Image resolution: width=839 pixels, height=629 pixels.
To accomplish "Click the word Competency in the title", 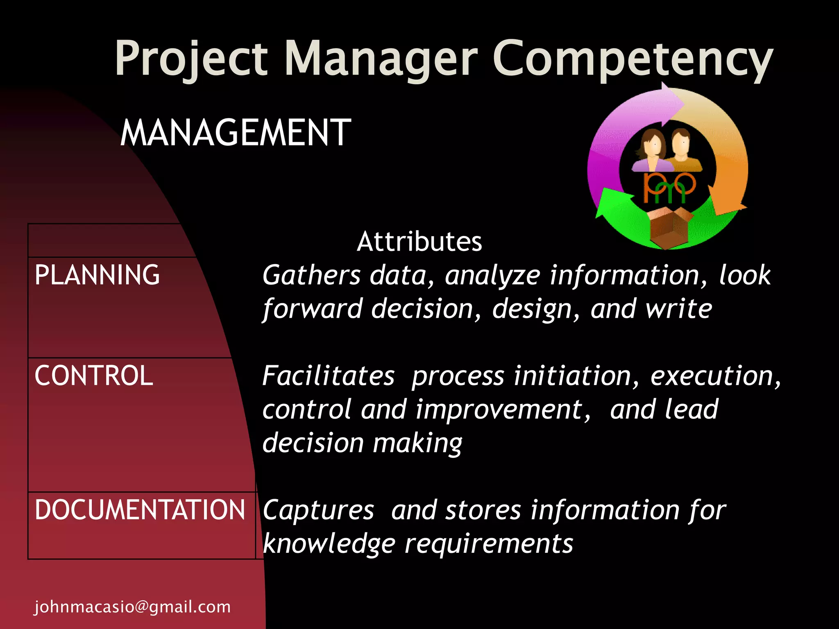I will point(633,59).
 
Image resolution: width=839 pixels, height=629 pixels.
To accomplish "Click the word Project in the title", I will point(191,59).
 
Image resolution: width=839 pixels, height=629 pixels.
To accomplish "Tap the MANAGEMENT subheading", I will point(236,133).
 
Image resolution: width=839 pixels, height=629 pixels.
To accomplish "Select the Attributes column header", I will point(419,242).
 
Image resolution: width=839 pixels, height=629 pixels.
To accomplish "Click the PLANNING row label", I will point(97,275).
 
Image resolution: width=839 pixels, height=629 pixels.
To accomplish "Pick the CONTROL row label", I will point(94,376).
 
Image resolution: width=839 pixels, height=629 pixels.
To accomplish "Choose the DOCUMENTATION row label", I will point(140,510).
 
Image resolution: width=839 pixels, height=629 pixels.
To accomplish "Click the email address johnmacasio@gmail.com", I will point(132,606).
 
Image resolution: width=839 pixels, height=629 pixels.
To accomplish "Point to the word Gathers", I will point(311,276).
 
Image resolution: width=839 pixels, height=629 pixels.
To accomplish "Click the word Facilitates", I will point(328,376).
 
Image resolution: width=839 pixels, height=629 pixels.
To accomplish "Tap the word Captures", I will point(318,511).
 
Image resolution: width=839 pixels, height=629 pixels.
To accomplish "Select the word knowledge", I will point(329,544).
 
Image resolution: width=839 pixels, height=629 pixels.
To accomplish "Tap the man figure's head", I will point(681,141).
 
